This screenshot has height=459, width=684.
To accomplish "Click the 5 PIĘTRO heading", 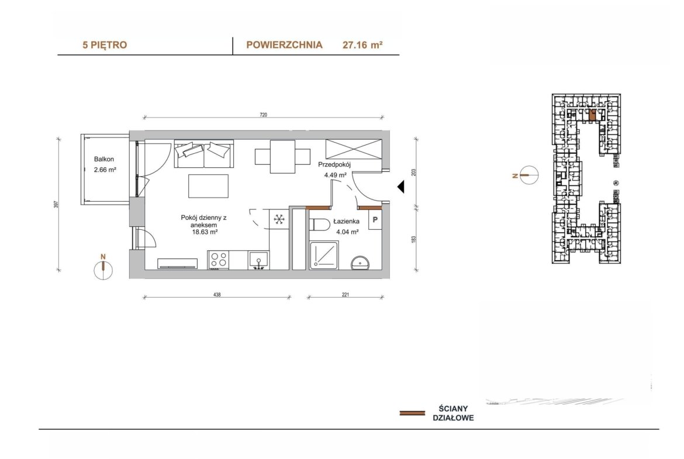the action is pyautogui.click(x=105, y=45).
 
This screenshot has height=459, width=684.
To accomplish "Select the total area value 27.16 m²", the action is pyautogui.click(x=362, y=44).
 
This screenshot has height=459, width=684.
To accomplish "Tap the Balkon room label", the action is pyautogui.click(x=104, y=159).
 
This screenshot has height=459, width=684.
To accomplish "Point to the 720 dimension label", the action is pyautogui.click(x=263, y=115).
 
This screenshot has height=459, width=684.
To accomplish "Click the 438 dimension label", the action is pyautogui.click(x=217, y=295).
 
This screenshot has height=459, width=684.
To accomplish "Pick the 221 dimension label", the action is pyautogui.click(x=346, y=295).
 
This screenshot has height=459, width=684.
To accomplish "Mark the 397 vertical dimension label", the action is pyautogui.click(x=56, y=204).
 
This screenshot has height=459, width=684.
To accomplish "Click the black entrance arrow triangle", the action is pyautogui.click(x=400, y=187).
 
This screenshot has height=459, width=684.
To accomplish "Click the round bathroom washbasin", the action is pyautogui.click(x=360, y=263).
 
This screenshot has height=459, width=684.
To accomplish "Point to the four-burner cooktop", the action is pyautogui.click(x=219, y=260).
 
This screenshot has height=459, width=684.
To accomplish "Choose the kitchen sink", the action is pyautogui.click(x=258, y=260).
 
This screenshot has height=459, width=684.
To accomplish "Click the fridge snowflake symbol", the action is pyautogui.click(x=279, y=219).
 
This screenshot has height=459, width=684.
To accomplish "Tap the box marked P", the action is pyautogui.click(x=375, y=220).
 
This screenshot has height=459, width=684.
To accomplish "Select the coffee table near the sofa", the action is pyautogui.click(x=209, y=187).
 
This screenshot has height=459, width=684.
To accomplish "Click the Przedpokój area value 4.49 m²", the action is pyautogui.click(x=335, y=175).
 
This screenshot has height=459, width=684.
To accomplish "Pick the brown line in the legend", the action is pyautogui.click(x=412, y=413).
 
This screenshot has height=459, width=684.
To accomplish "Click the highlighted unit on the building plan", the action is pyautogui.click(x=592, y=115).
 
